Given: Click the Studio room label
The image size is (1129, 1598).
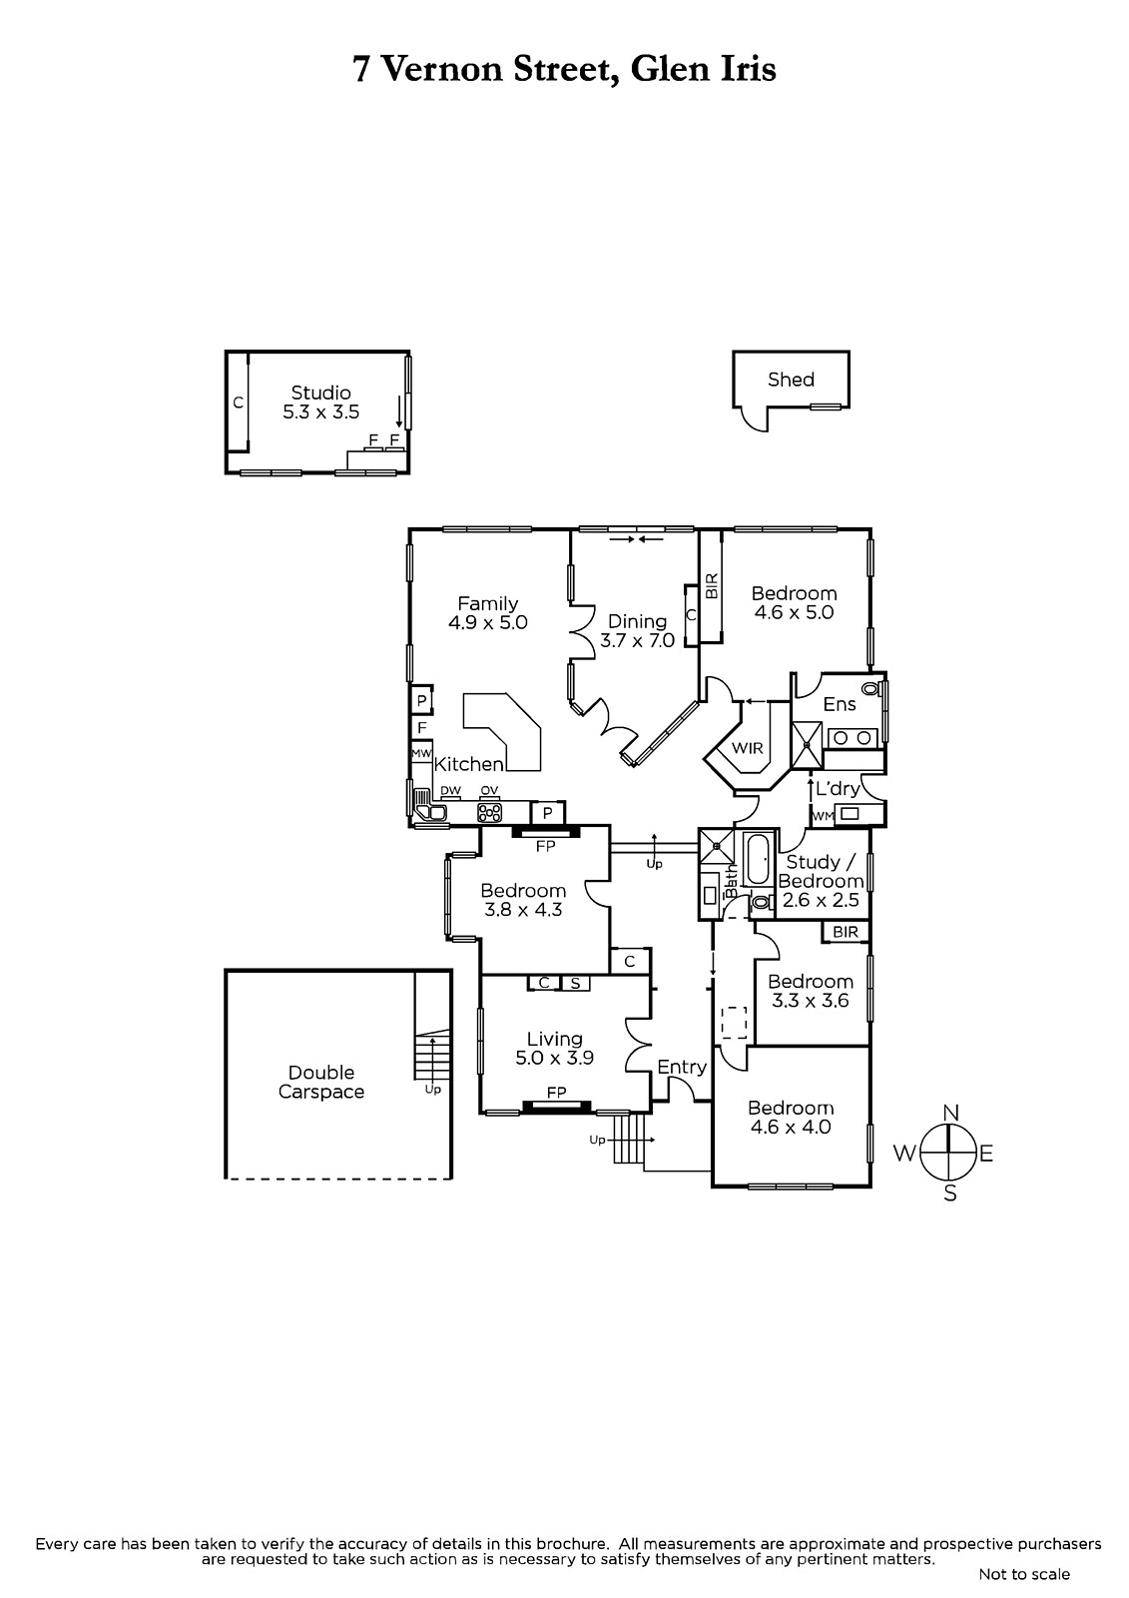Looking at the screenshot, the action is pyautogui.click(x=321, y=393).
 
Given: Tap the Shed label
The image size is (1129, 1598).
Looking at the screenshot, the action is pyautogui.click(x=791, y=380).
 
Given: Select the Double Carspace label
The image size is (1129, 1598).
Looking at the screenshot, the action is pyautogui.click(x=321, y=1083).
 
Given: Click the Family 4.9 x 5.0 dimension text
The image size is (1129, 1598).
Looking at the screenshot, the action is pyautogui.click(x=488, y=623).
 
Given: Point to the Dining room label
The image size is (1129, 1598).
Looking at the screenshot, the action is pyautogui.click(x=637, y=621).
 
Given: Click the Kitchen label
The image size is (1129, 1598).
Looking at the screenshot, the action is pyautogui.click(x=468, y=764).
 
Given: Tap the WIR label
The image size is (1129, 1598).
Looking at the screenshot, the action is pyautogui.click(x=748, y=748).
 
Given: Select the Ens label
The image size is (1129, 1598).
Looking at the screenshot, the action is pyautogui.click(x=839, y=704).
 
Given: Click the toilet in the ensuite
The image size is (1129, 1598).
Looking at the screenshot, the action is pyautogui.click(x=870, y=688).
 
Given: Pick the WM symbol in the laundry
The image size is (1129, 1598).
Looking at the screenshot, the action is pyautogui.click(x=823, y=816).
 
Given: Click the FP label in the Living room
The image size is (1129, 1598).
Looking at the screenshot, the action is pyautogui.click(x=556, y=1093).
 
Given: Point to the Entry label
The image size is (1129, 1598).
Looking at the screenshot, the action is pyautogui.click(x=682, y=1068).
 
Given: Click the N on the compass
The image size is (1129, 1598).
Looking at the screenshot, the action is pyautogui.click(x=950, y=1113).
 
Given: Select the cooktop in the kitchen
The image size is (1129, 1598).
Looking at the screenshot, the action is pyautogui.click(x=489, y=812).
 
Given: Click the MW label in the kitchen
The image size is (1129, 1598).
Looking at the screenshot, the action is pyautogui.click(x=421, y=753).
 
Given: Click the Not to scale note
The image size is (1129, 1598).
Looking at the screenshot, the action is pyautogui.click(x=1024, y=1574).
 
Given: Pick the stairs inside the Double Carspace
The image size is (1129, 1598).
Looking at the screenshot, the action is pyautogui.click(x=433, y=1057).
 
